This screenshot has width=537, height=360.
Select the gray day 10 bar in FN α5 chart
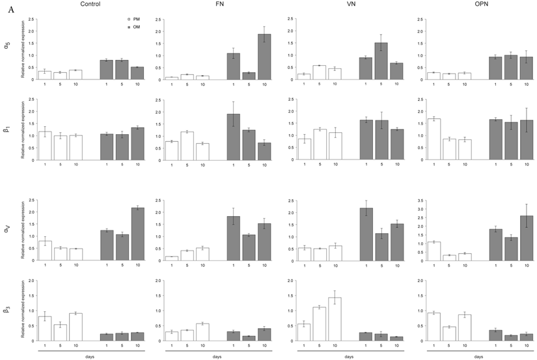(264, 57)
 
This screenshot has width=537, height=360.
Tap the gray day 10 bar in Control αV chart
(137, 234)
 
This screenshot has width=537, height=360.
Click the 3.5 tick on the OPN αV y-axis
(417, 201)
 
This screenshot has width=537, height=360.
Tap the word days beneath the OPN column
(478, 356)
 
